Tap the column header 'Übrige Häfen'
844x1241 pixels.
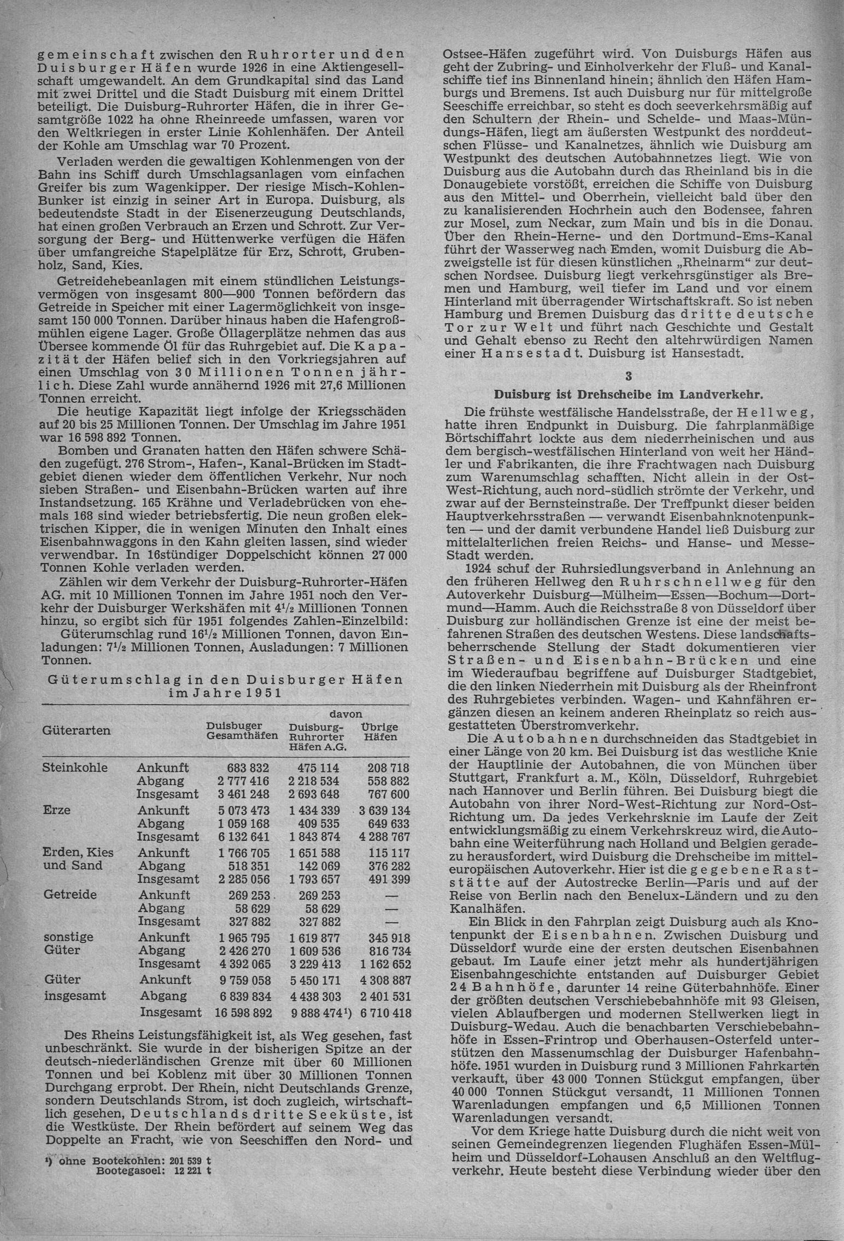click(x=379, y=733)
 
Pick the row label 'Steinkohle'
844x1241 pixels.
click(x=68, y=768)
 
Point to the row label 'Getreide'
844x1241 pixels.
click(x=64, y=895)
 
